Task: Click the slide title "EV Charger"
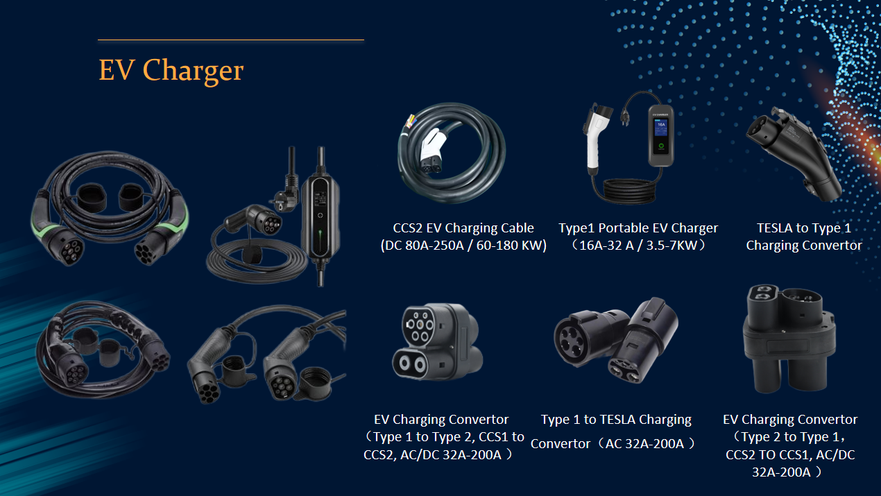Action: [171, 71]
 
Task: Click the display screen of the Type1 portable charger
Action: [661, 128]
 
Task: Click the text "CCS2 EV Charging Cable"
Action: [463, 228]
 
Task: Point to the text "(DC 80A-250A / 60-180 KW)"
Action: [463, 246]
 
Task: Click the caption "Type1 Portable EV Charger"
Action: [638, 228]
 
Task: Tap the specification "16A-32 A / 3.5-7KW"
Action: [638, 246]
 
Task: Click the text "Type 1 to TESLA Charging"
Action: [616, 420]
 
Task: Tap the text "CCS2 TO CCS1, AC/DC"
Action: [790, 455]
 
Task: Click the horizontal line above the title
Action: [230, 40]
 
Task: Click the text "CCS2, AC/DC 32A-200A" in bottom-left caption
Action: [438, 455]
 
